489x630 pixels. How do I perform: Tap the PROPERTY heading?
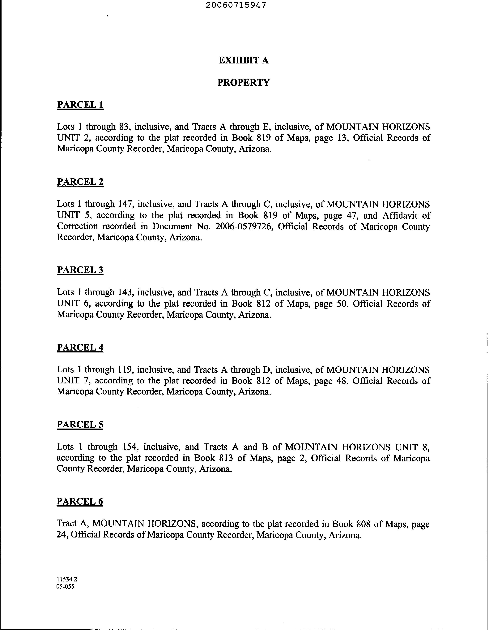pyautogui.click(x=244, y=83)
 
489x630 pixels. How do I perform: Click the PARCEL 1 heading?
pyautogui.click(x=80, y=105)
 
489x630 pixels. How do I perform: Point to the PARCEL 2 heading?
pyautogui.click(x=80, y=182)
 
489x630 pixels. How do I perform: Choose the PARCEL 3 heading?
pyautogui.click(x=80, y=270)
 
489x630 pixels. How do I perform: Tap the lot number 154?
pyautogui.click(x=131, y=447)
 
